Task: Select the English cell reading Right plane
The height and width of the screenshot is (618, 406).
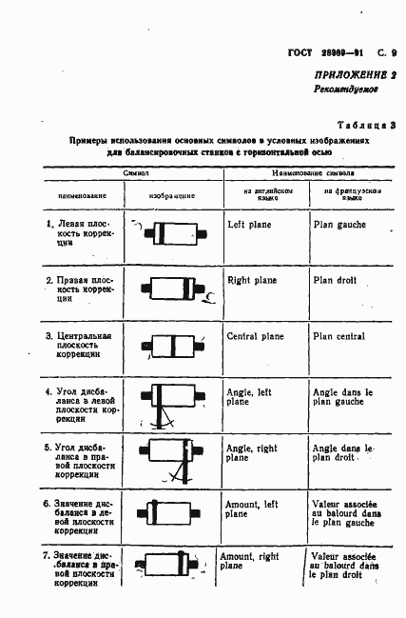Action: (x=251, y=281)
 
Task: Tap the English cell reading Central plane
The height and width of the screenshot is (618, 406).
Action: (x=255, y=336)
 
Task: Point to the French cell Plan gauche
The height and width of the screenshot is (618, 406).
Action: (x=339, y=226)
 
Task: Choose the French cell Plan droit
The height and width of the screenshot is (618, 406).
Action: (x=335, y=281)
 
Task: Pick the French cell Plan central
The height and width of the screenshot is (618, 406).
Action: (x=338, y=336)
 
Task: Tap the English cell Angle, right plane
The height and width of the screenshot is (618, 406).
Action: (x=251, y=452)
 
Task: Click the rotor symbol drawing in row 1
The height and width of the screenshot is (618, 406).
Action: (x=172, y=233)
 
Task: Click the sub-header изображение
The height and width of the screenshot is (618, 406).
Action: (x=172, y=195)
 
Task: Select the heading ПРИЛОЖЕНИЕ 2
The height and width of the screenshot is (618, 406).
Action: (x=353, y=74)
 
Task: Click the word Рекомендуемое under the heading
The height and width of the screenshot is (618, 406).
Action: (x=346, y=90)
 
